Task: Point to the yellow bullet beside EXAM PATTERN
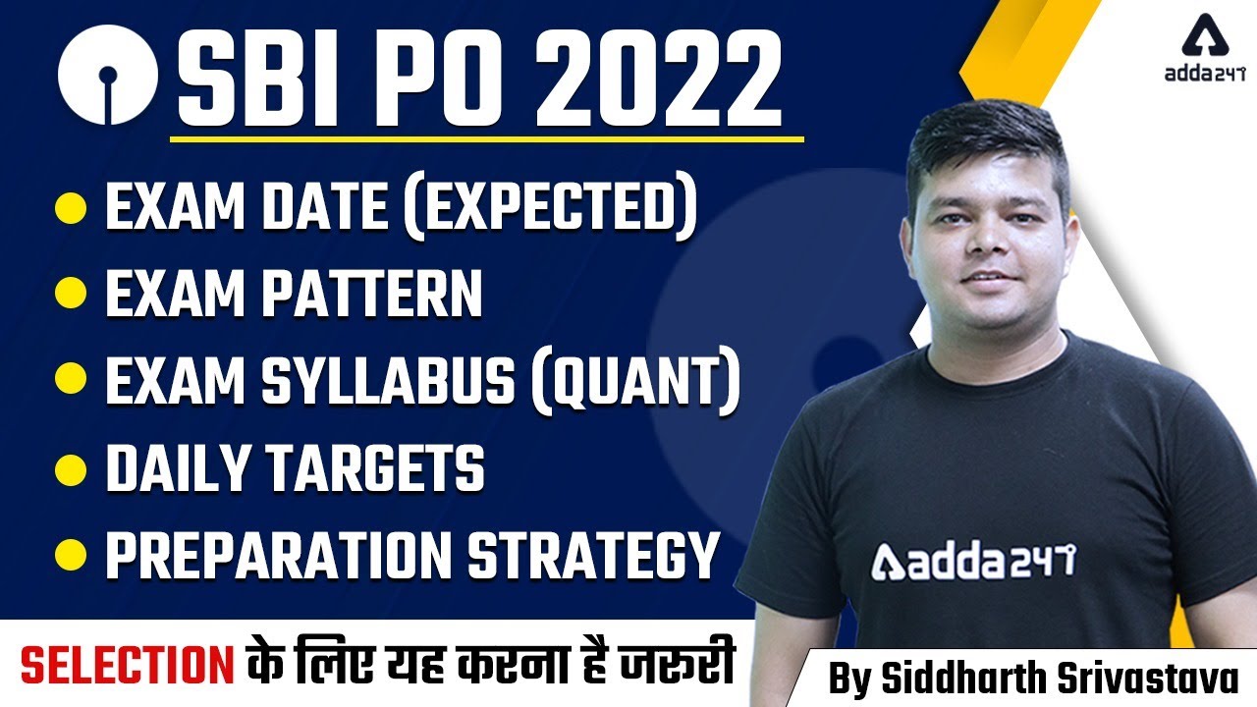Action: click(70, 293)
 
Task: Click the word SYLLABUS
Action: click(389, 379)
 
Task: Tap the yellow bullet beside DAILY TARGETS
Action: click(70, 468)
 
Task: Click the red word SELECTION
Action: click(129, 664)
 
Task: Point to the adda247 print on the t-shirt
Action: click(972, 561)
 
